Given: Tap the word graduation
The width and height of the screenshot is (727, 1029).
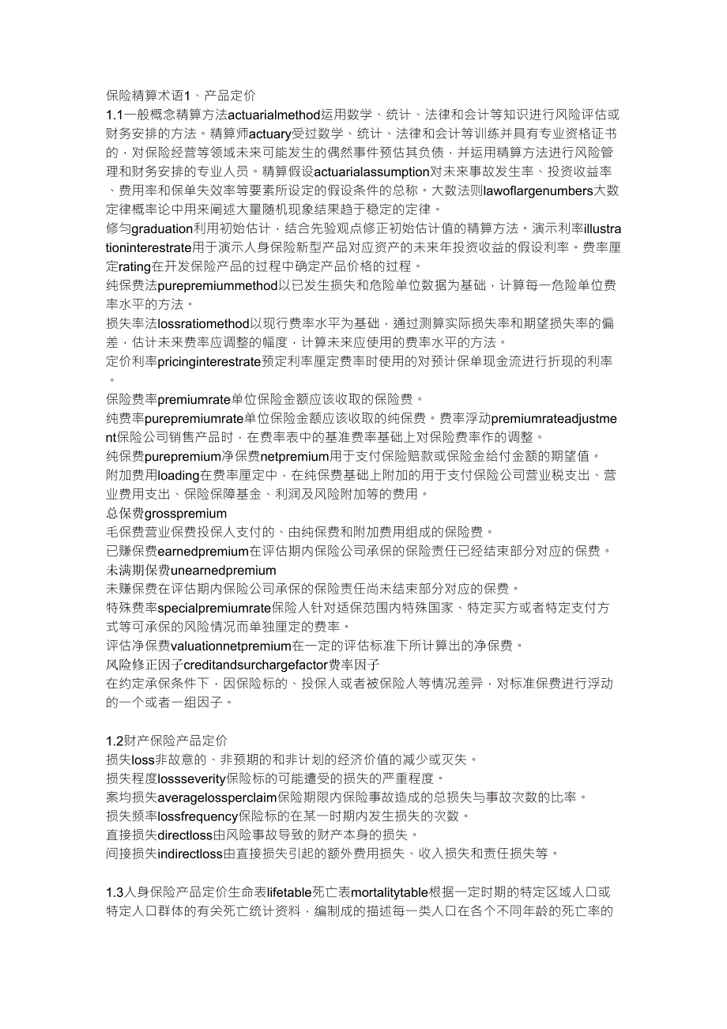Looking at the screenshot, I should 161,228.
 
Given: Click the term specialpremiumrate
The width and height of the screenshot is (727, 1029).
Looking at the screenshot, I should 214,608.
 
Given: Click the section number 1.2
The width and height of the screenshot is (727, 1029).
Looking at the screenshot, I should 115,741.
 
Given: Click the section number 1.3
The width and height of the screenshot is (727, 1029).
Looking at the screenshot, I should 115,892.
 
